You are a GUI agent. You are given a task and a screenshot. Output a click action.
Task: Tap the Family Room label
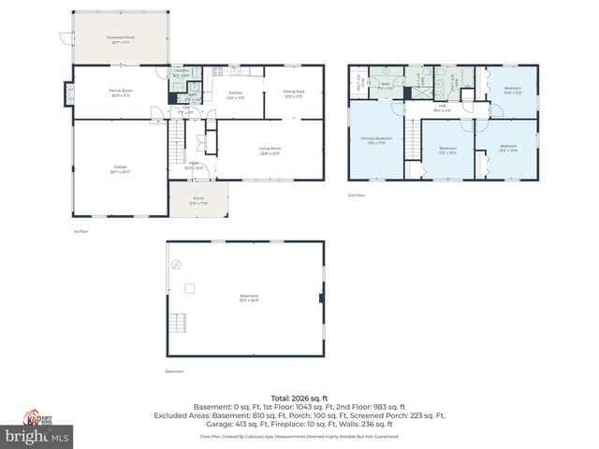(x=116, y=93)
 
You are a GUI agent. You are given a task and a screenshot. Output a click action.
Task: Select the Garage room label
(x=121, y=169)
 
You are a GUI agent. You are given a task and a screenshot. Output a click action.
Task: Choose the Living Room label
(x=270, y=151)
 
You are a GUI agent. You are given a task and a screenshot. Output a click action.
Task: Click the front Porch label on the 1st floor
(x=198, y=199)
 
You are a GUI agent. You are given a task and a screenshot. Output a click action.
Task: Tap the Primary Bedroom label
(x=376, y=139)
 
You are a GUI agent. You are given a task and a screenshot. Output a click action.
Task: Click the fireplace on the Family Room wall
(x=69, y=93)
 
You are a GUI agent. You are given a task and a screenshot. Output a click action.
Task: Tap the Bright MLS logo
(x=37, y=436)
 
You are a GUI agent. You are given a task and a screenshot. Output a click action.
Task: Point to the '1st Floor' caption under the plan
(x=81, y=231)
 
